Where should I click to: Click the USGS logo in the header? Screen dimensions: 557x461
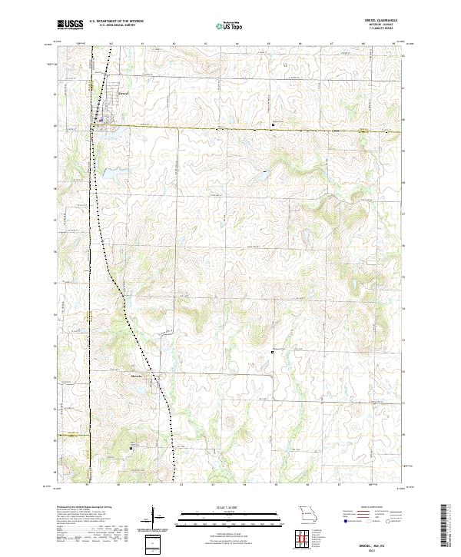[70, 25]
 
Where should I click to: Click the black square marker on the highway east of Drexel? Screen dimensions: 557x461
[273, 124]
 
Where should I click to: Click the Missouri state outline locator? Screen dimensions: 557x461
[308, 512]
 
